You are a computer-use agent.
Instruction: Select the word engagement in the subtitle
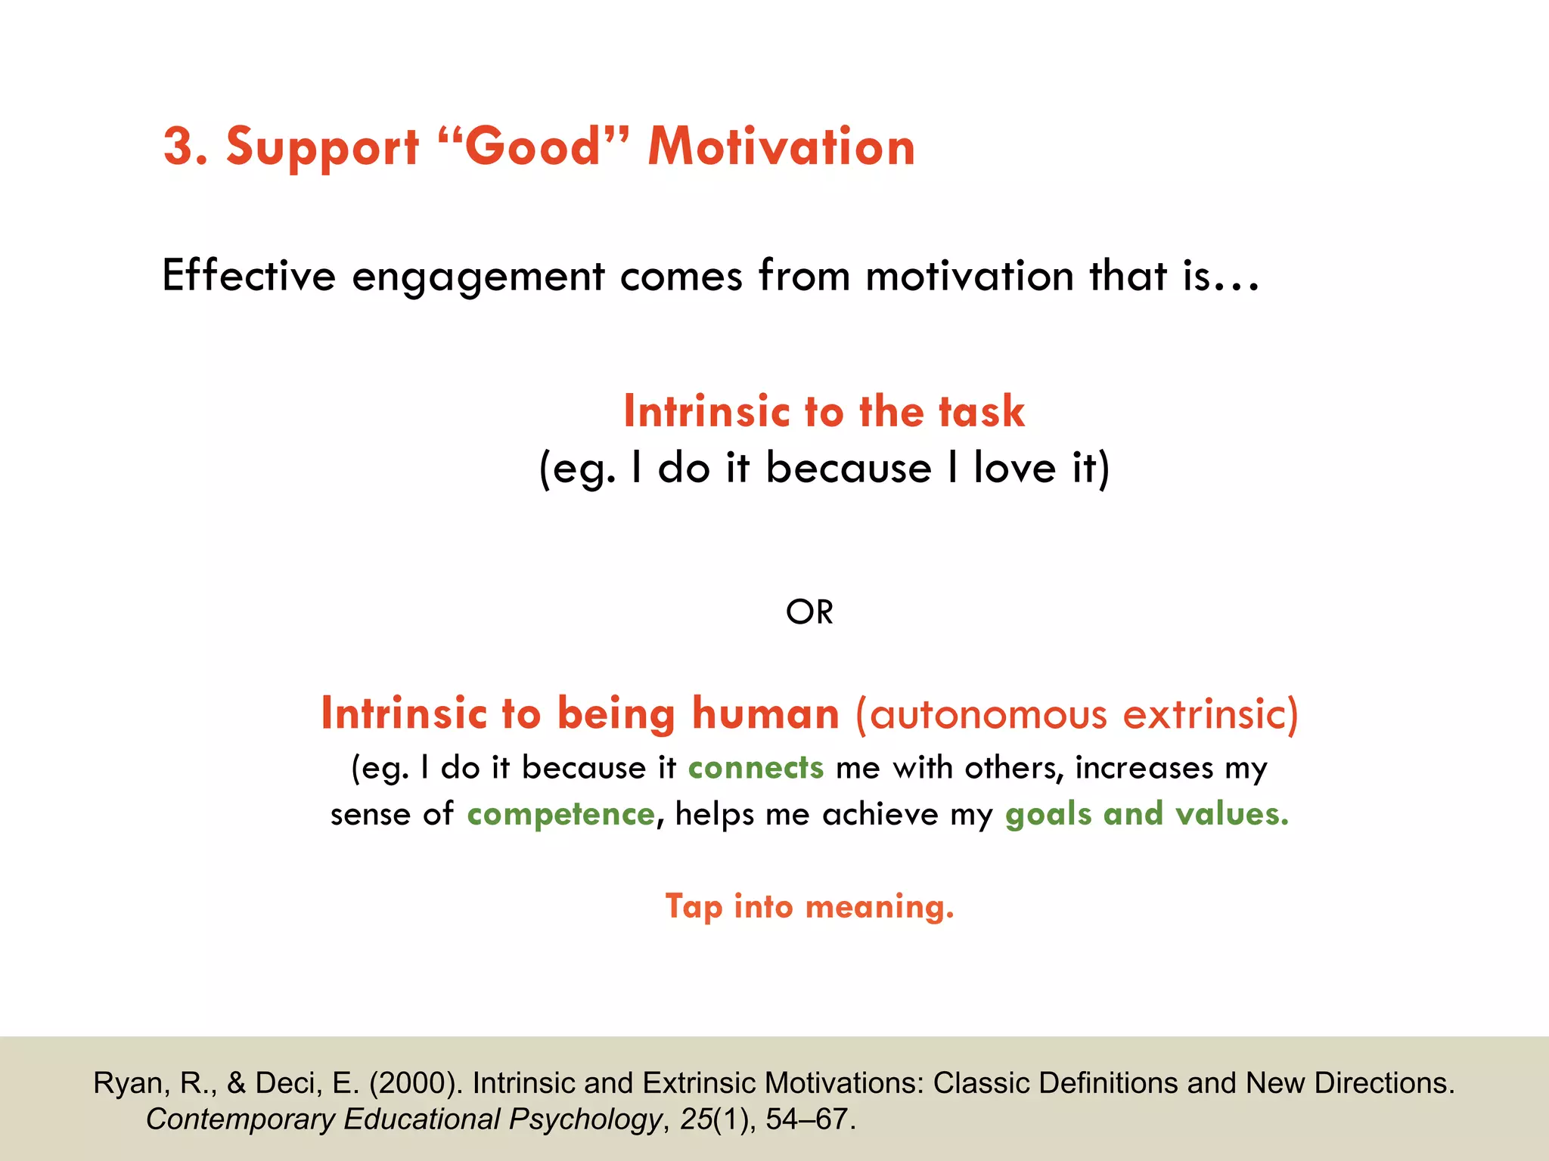[478, 277]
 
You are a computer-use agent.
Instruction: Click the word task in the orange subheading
[981, 412]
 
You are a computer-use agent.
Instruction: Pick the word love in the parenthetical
[1014, 468]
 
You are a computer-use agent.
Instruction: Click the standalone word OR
[809, 612]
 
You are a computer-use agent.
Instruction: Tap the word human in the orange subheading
[765, 714]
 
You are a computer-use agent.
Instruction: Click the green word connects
[755, 768]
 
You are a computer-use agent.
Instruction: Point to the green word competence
[560, 815]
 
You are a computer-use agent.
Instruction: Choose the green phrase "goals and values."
[1147, 815]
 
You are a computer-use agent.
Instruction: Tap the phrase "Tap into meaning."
[809, 907]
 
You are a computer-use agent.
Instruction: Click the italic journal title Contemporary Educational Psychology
[404, 1119]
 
